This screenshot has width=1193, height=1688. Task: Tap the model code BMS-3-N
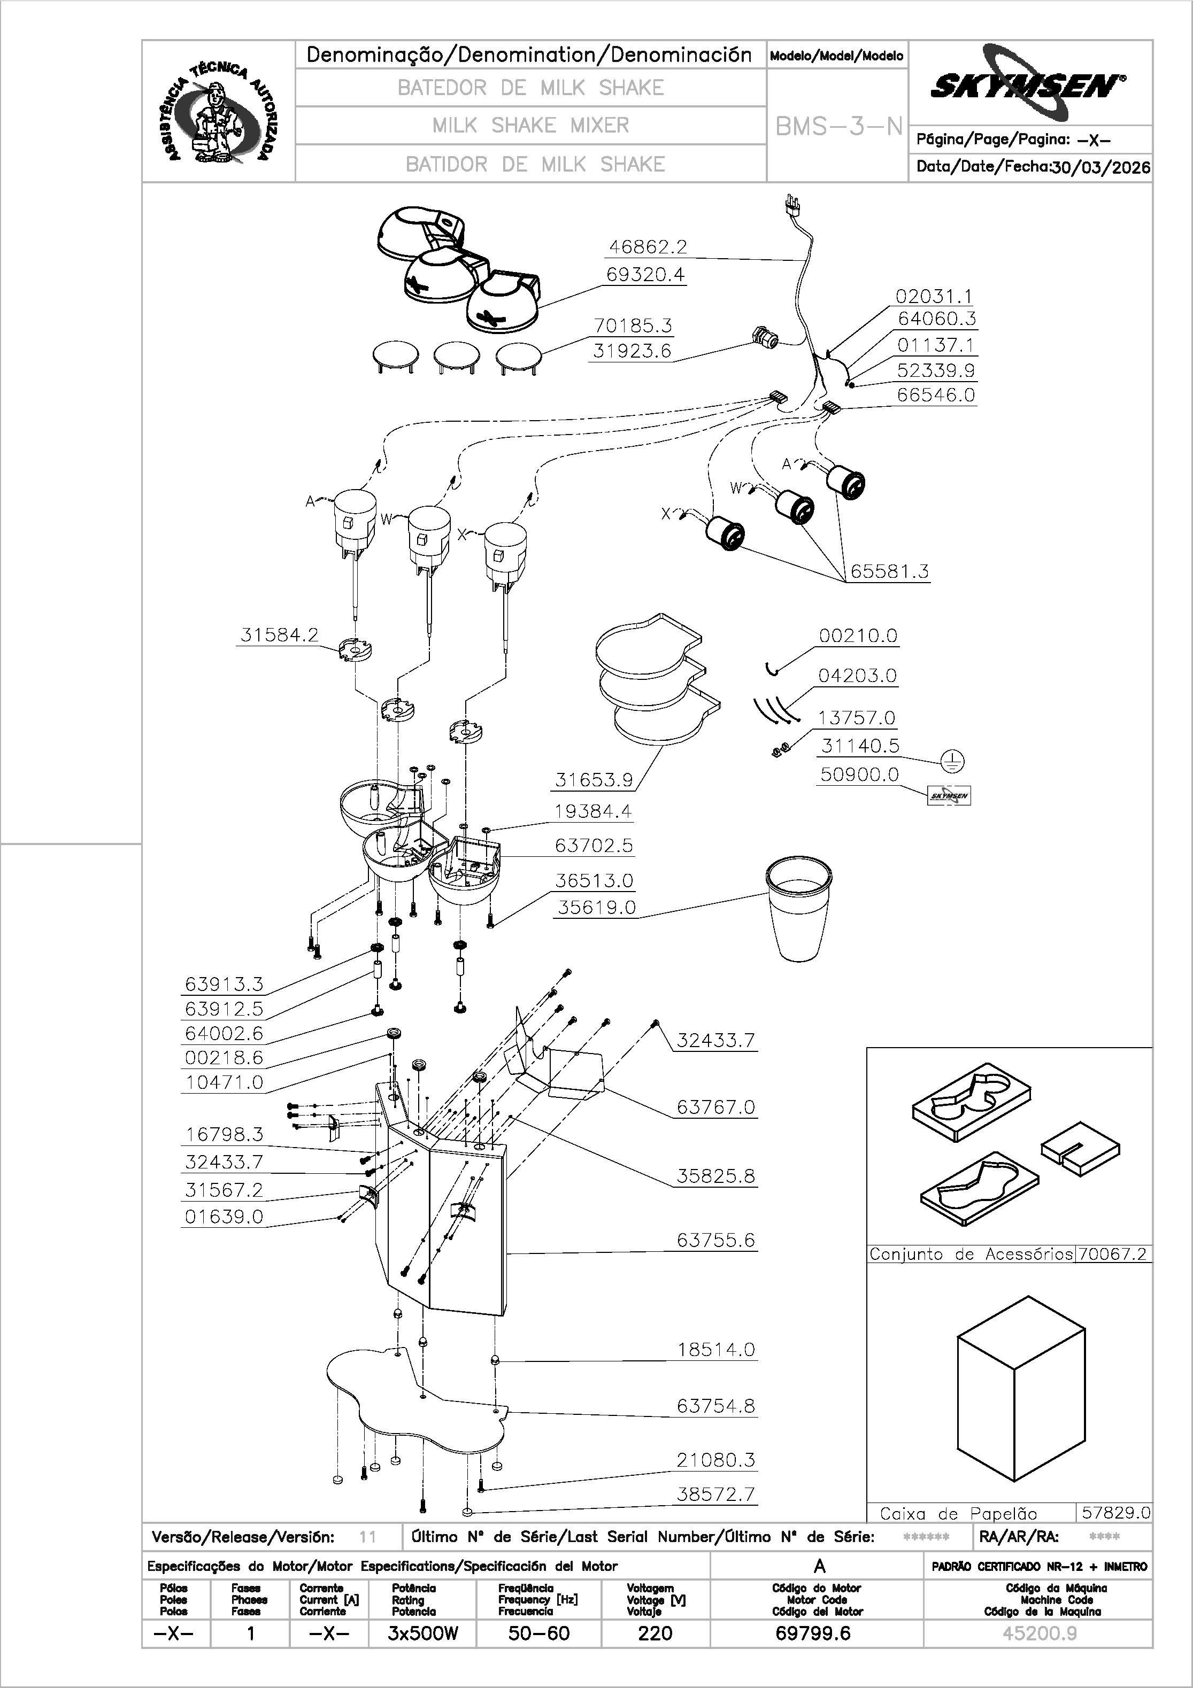click(x=838, y=127)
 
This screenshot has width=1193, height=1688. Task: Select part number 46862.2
click(x=647, y=247)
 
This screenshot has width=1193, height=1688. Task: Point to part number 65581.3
click(x=889, y=571)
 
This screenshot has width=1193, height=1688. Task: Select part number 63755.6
click(x=715, y=1240)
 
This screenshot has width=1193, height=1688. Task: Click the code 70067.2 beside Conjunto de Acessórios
click(x=1113, y=1253)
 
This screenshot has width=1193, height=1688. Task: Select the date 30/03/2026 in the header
click(x=1100, y=167)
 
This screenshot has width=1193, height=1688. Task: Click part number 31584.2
click(x=280, y=635)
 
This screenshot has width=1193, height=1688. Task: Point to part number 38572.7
click(x=715, y=1494)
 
